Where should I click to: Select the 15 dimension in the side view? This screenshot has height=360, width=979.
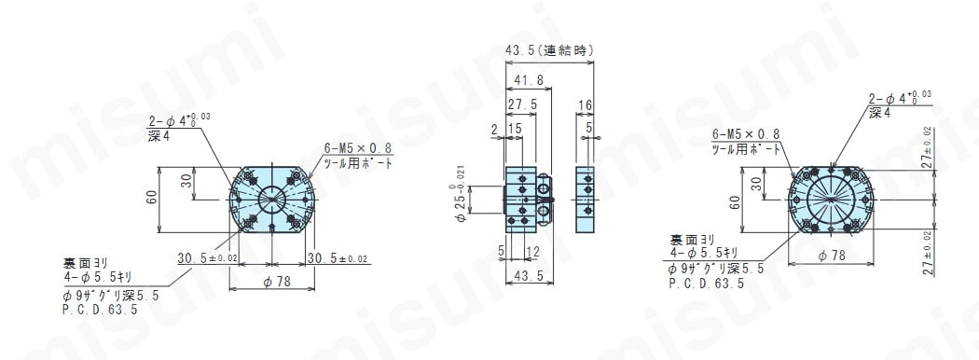pos(515,128)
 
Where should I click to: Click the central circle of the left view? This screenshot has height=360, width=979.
pos(271,198)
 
